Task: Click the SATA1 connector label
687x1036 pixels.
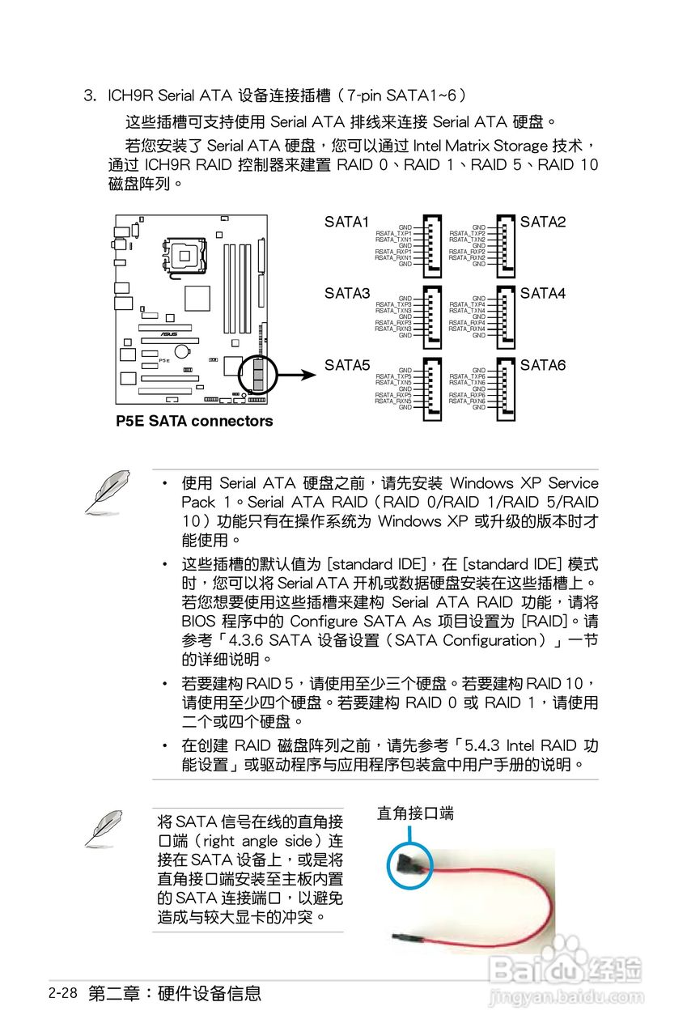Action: coord(346,222)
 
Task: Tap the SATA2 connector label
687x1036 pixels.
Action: coord(543,222)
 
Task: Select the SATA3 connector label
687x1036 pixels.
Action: coord(346,293)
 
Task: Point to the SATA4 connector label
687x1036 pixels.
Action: coord(543,293)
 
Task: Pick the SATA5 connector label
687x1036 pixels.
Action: coord(346,365)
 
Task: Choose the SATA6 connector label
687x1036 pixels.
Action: coord(543,365)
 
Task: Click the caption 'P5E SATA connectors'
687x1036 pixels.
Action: coord(194,421)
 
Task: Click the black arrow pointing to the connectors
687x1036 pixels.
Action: coord(298,375)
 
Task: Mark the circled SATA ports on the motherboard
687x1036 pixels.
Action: coord(258,374)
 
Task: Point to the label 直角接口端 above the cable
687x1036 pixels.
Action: coord(415,813)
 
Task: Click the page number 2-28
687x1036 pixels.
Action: coord(62,993)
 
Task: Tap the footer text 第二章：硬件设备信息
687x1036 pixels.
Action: coord(175,993)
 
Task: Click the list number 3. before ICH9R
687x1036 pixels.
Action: coord(91,96)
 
